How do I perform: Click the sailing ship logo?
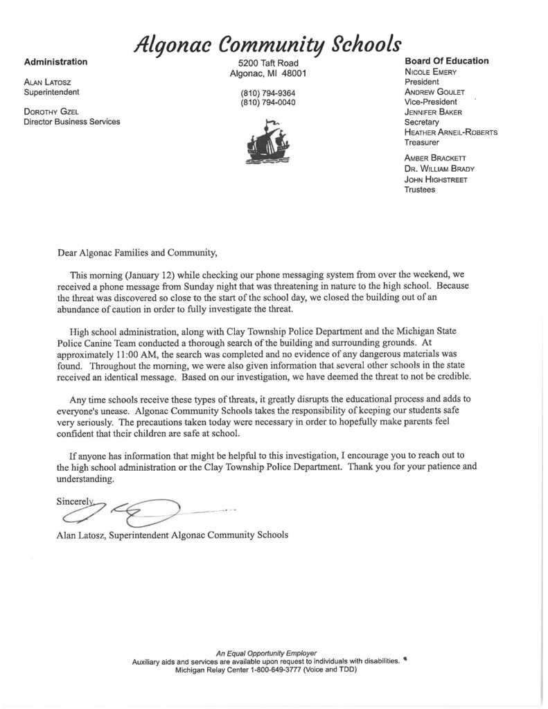tap(267, 141)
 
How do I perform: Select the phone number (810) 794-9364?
tap(267, 93)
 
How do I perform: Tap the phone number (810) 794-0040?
tap(267, 103)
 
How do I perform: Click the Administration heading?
tap(55, 62)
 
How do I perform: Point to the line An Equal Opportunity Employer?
tap(266, 653)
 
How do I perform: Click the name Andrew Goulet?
tap(434, 91)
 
